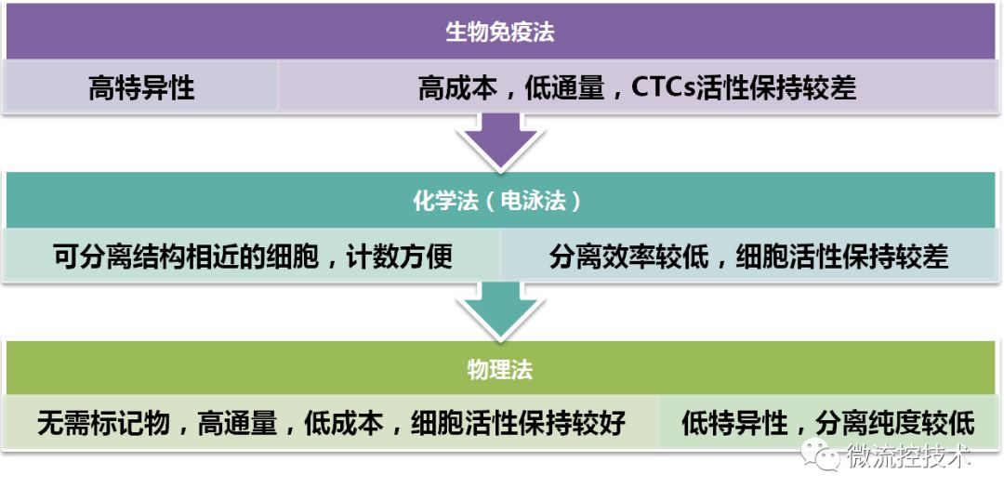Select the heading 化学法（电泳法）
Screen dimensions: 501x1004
coord(500,201)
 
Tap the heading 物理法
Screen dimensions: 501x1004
coord(500,369)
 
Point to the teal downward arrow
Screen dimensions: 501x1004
coord(501,311)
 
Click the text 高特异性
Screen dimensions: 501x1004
coord(141,87)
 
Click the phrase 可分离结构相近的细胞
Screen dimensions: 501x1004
coord(185,256)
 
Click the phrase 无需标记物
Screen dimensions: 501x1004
coord(103,424)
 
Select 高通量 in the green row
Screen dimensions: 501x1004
coord(237,424)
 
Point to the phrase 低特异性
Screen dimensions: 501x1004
coord(734,424)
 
